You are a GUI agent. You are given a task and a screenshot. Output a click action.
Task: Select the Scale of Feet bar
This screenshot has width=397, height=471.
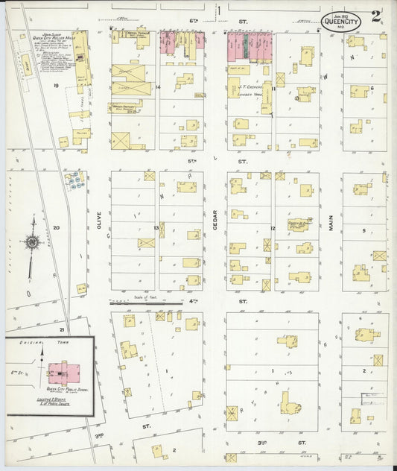[x=146, y=303]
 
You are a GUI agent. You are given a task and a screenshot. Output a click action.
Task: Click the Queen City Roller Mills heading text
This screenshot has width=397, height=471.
[x=50, y=39]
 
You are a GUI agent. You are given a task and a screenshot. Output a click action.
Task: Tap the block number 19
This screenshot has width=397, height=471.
[x=56, y=86]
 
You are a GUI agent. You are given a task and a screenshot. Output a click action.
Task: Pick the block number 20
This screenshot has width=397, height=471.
[x=56, y=229]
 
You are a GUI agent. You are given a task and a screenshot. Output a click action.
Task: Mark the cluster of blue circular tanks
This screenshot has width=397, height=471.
[x=73, y=179]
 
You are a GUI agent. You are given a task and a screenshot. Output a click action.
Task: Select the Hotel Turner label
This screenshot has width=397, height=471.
[x=138, y=34]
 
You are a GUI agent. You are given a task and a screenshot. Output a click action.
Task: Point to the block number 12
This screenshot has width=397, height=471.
[x=273, y=227]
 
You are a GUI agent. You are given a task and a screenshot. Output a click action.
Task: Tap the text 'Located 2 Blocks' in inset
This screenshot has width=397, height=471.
[x=60, y=399]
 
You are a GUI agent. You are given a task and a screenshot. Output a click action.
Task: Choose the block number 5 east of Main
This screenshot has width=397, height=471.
[x=363, y=231]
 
